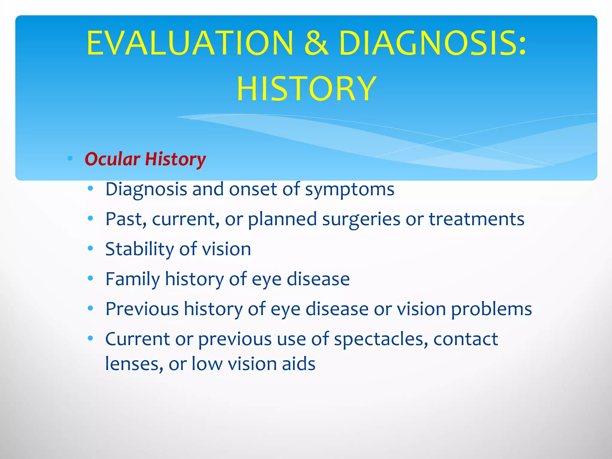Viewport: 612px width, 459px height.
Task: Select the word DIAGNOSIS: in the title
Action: click(432, 43)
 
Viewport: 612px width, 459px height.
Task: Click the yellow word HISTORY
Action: click(306, 89)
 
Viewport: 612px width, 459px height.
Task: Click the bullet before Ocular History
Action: click(70, 158)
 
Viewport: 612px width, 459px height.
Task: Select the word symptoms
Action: click(349, 190)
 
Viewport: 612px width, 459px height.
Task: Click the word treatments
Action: click(477, 219)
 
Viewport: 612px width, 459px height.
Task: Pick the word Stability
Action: click(139, 249)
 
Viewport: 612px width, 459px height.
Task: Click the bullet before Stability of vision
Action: click(91, 249)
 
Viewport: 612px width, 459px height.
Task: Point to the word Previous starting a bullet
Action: click(142, 309)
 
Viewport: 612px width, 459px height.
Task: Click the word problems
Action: click(491, 309)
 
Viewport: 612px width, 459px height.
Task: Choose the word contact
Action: click(466, 339)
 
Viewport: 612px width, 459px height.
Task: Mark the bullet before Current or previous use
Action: click(91, 339)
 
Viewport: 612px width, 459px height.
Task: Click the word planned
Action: click(282, 219)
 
